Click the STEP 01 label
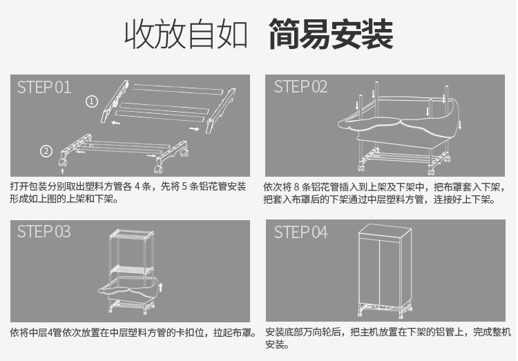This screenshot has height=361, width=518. pos(44,88)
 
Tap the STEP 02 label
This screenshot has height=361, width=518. pos(300,87)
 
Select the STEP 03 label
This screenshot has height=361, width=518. pos(44,231)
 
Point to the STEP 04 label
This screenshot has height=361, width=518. pos(300,232)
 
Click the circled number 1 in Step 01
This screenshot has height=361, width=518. pos(92,101)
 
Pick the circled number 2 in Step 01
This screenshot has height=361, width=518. pos(46,151)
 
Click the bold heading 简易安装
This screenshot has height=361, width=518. pos(331,34)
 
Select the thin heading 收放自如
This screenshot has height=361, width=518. pos(186,34)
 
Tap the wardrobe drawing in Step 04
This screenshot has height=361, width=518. pos(385,271)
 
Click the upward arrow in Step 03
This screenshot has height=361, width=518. pos(160,287)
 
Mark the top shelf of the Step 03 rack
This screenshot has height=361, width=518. pos(131,234)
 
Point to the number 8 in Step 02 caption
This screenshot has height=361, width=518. pos(296,187)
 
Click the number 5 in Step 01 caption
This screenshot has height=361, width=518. pos(184,186)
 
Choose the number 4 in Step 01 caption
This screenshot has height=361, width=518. pos(137,186)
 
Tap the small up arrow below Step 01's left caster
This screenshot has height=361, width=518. pos(62,170)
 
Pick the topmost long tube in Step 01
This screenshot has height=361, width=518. pos(178,89)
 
